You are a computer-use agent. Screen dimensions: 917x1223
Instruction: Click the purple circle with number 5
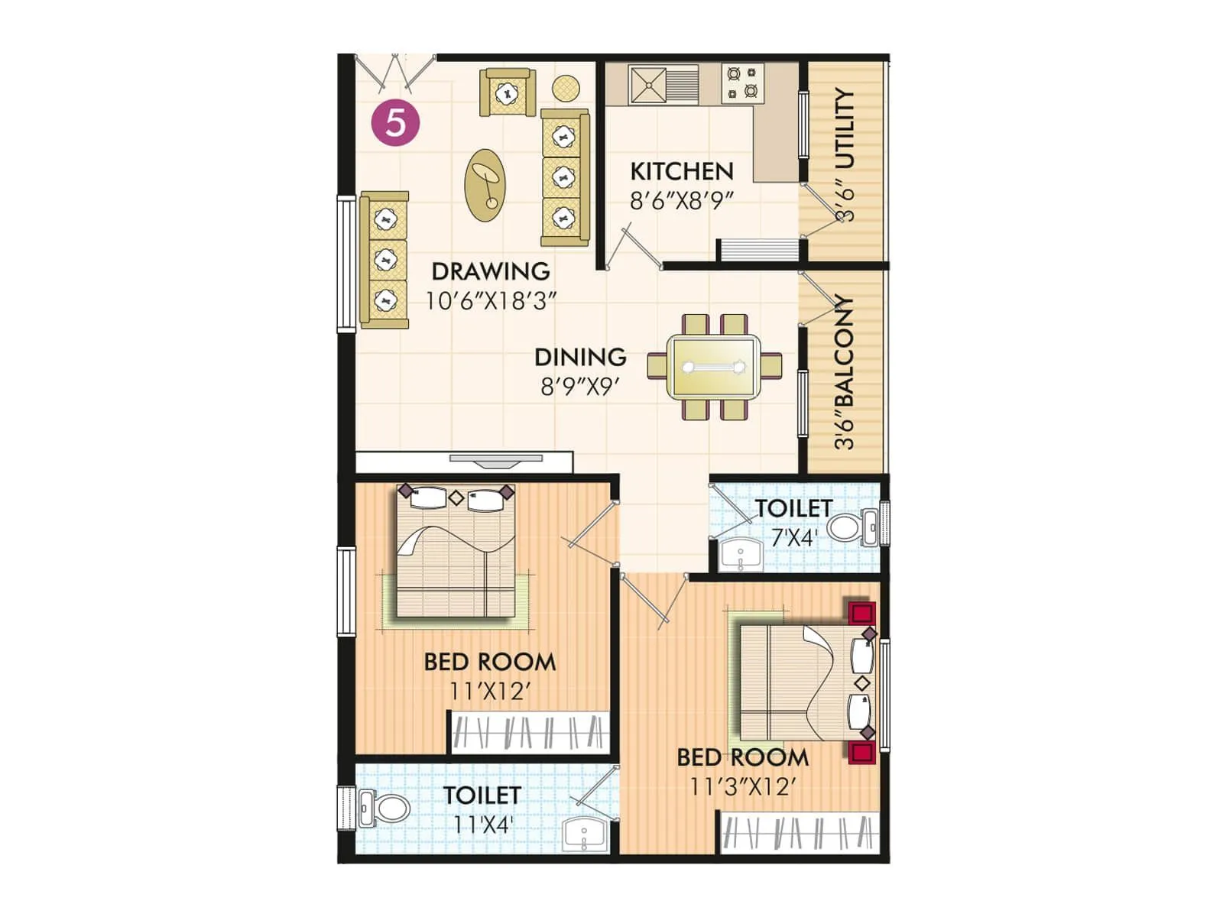395,122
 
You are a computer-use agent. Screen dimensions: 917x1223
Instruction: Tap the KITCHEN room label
681,170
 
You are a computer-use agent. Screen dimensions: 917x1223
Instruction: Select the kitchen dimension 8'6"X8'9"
681,200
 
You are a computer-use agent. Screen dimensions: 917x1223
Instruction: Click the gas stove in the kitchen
743,83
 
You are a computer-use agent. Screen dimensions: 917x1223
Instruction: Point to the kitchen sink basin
647,83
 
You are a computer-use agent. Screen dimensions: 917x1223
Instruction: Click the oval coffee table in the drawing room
485,185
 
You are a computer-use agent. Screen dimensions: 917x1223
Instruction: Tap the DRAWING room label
490,271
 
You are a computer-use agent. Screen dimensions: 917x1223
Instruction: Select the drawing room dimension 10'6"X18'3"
490,301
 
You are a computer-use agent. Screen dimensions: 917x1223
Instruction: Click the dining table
714,367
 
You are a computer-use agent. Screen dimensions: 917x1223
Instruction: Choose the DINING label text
580,357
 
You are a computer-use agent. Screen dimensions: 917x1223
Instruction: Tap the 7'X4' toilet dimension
793,538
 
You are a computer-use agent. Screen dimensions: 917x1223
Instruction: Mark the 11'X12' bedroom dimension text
489,692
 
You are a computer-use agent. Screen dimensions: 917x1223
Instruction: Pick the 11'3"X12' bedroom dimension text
742,787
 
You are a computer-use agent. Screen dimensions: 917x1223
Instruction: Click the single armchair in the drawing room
506,92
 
